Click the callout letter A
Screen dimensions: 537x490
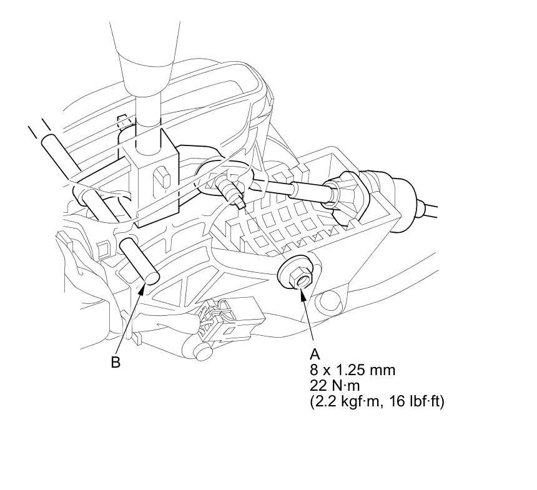coord(315,355)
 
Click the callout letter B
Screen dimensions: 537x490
coord(116,362)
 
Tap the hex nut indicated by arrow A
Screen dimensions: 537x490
coord(301,276)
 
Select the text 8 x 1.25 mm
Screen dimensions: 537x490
coord(352,370)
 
